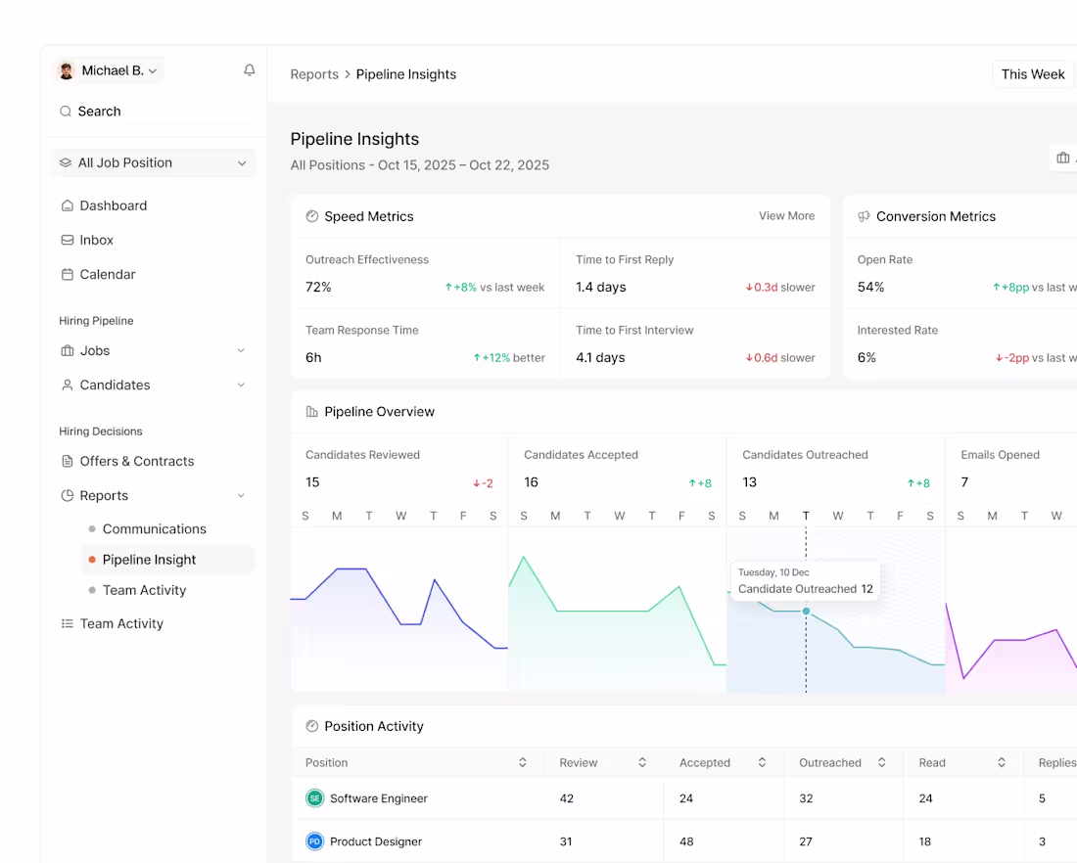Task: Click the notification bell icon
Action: click(250, 70)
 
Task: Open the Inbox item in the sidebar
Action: click(87, 240)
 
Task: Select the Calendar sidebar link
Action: click(98, 274)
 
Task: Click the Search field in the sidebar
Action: click(154, 112)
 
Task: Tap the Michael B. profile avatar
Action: click(67, 70)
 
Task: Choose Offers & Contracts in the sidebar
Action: click(127, 462)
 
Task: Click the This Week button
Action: click(1032, 74)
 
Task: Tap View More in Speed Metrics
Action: click(786, 215)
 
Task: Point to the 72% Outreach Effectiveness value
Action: click(318, 287)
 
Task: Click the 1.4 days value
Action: click(601, 287)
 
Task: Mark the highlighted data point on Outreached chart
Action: click(806, 611)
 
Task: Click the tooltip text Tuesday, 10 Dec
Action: click(773, 571)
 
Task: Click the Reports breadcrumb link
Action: click(314, 74)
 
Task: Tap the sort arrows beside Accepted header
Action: click(762, 762)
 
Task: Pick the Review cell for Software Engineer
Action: click(567, 798)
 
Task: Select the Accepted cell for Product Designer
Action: click(686, 841)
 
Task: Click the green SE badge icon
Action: click(314, 798)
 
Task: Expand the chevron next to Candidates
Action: click(241, 386)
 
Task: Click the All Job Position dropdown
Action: click(154, 162)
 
